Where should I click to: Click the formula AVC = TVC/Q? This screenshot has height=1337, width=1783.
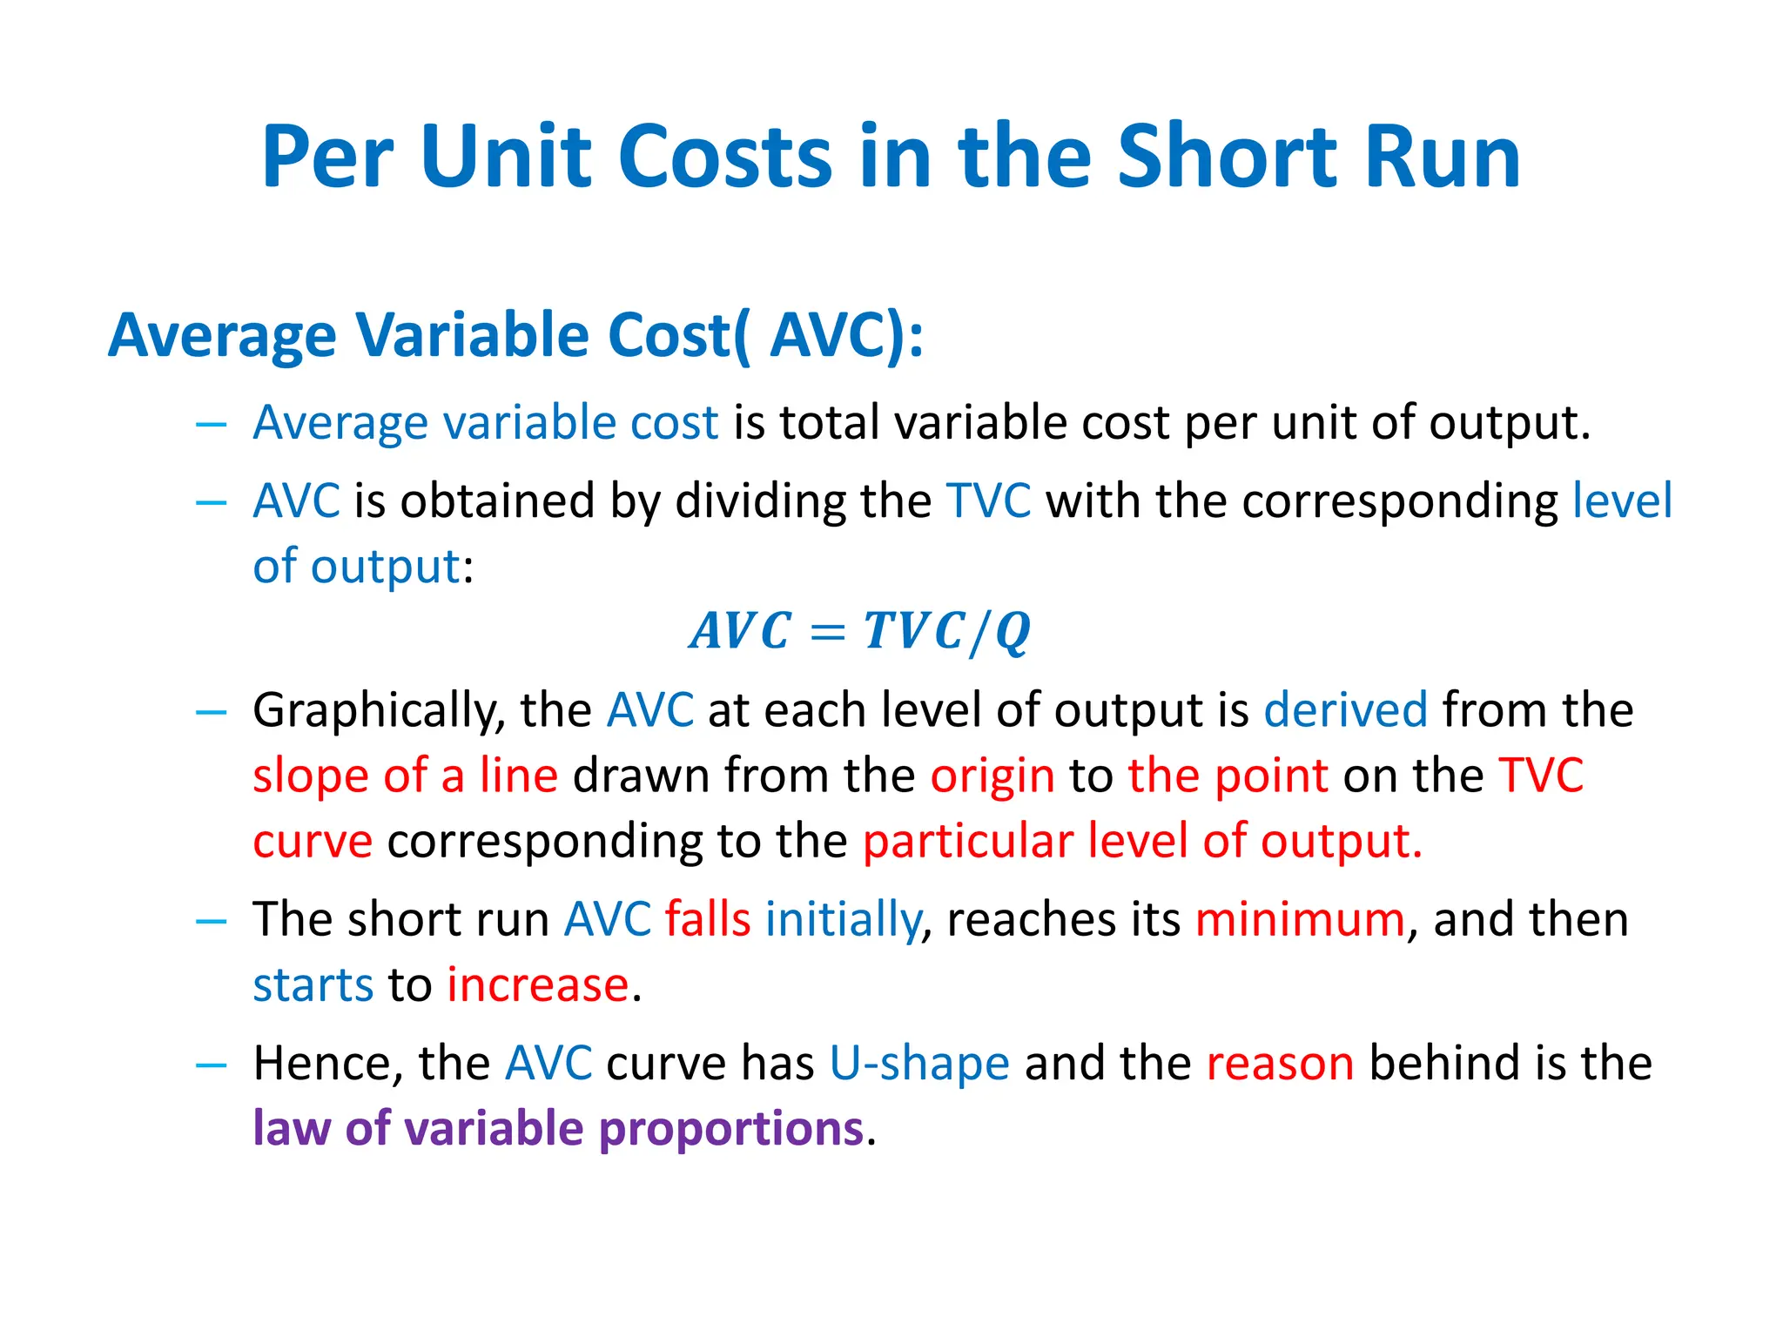[x=860, y=631]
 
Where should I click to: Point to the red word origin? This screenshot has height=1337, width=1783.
[x=992, y=775]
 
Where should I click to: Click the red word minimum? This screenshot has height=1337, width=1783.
[x=1300, y=919]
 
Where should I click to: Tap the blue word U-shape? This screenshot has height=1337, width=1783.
[x=919, y=1063]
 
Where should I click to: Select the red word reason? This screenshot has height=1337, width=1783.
[x=1280, y=1063]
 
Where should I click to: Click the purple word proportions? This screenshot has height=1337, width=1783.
[x=731, y=1129]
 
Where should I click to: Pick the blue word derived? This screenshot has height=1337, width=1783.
[x=1345, y=709]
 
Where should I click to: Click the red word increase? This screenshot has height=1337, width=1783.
[x=538, y=984]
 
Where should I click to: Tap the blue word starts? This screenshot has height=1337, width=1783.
[x=313, y=984]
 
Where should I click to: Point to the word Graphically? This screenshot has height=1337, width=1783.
[x=379, y=711]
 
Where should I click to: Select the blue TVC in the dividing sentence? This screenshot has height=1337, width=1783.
[x=988, y=501]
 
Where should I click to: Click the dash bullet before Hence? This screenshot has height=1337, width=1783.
[x=212, y=1065]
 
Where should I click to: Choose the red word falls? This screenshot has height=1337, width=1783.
[x=708, y=919]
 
